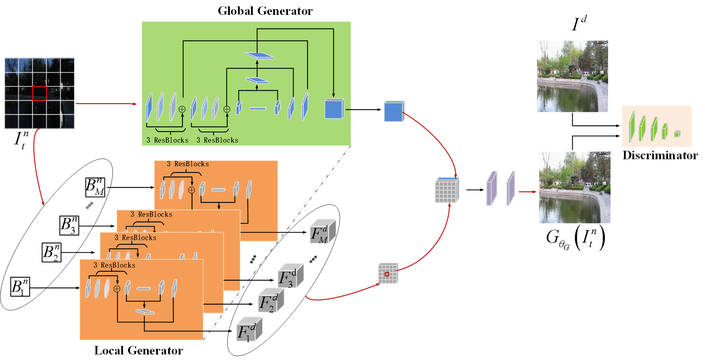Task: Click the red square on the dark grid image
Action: pyautogui.click(x=39, y=94)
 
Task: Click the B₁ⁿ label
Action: pyautogui.click(x=20, y=287)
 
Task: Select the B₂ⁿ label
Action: pyautogui.click(x=51, y=252)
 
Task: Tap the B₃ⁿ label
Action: pyautogui.click(x=69, y=225)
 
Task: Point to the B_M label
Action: pyautogui.click(x=95, y=187)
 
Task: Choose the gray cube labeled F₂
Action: pyautogui.click(x=271, y=301)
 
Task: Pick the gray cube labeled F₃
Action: pyautogui.click(x=290, y=276)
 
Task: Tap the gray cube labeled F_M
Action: pyautogui.click(x=323, y=232)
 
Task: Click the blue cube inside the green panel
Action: pyautogui.click(x=334, y=109)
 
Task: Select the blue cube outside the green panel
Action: pyautogui.click(x=394, y=112)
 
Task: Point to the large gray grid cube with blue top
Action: pyautogui.click(x=447, y=191)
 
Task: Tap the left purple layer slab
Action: pyautogui.click(x=491, y=189)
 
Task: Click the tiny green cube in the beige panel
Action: pyautogui.click(x=677, y=133)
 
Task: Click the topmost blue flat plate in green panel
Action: pyautogui.click(x=259, y=55)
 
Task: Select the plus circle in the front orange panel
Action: pyautogui.click(x=117, y=289)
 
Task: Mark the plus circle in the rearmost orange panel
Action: pyautogui.click(x=191, y=190)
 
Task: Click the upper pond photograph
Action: pyautogui.click(x=572, y=77)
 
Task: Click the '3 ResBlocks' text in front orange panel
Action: pyautogui.click(x=114, y=265)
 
